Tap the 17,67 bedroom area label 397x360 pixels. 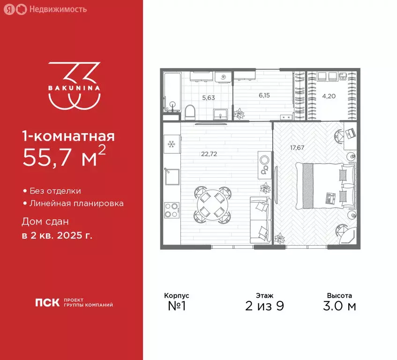297,147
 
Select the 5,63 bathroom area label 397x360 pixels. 208,98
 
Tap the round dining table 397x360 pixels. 213,204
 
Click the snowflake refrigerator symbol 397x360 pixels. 171,143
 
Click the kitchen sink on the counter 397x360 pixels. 171,177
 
